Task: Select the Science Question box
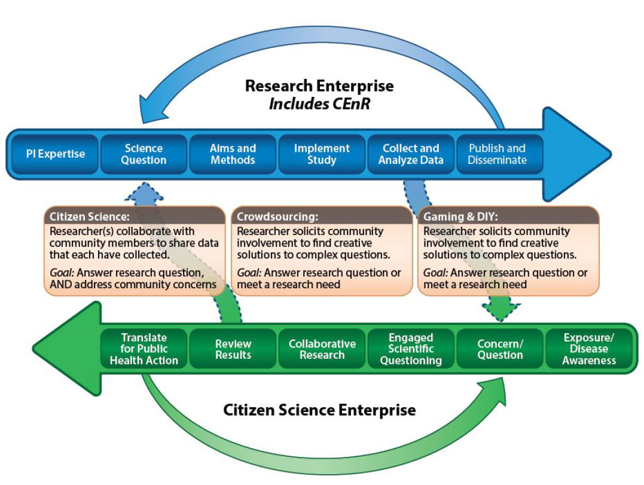point(144,154)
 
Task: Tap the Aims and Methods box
point(233,154)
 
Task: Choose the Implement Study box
point(322,154)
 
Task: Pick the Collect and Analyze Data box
point(411,154)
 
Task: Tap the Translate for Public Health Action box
point(144,349)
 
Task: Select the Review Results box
point(233,349)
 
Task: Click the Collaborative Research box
point(322,349)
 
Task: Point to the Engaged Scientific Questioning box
point(411,349)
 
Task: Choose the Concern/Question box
point(500,349)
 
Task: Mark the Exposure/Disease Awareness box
point(589,349)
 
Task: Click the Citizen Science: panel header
point(135,216)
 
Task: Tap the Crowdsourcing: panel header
point(322,216)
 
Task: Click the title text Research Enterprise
point(319,86)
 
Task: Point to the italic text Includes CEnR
point(319,104)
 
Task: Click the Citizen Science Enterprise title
point(319,410)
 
